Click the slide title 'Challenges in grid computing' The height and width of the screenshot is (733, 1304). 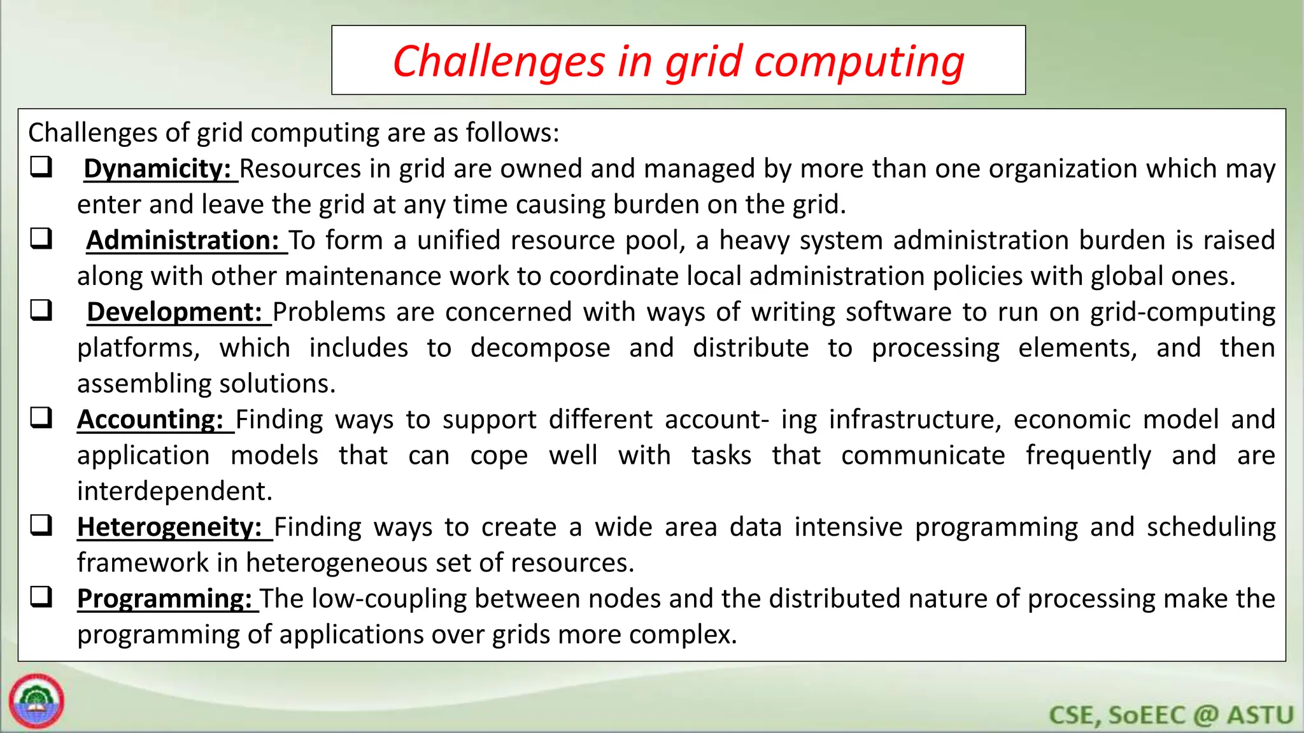tap(678, 62)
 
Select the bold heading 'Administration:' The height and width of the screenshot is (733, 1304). tap(183, 241)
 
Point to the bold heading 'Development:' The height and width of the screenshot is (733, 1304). tap(174, 312)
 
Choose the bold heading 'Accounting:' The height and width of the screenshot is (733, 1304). tap(150, 420)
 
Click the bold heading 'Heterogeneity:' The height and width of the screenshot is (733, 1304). tap(169, 527)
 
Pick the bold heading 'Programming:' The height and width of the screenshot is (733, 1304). tap(165, 599)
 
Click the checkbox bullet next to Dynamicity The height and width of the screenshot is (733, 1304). tap(41, 167)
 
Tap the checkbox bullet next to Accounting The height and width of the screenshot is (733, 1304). tap(41, 418)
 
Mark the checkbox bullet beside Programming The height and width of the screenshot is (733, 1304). tap(41, 597)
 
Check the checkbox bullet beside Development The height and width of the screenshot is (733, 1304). tap(41, 311)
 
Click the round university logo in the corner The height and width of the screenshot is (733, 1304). tap(36, 701)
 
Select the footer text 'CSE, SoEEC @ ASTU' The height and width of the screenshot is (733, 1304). tap(1171, 715)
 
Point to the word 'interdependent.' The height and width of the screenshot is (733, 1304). tap(174, 491)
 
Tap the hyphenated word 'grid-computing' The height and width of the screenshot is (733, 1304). tap(1182, 312)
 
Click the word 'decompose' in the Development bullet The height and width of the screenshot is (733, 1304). tap(540, 348)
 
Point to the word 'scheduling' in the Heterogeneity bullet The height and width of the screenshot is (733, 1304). tap(1211, 527)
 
